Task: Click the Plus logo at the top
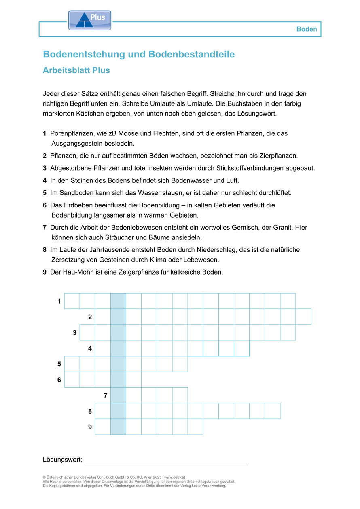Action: (x=89, y=20)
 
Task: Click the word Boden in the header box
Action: (x=307, y=29)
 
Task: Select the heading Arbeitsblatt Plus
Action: (x=76, y=70)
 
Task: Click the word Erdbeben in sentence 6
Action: (x=76, y=205)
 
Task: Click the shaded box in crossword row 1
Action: (x=118, y=301)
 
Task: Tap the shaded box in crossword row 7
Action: (x=118, y=395)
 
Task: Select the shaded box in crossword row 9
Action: (x=118, y=427)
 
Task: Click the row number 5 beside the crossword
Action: (x=59, y=364)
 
